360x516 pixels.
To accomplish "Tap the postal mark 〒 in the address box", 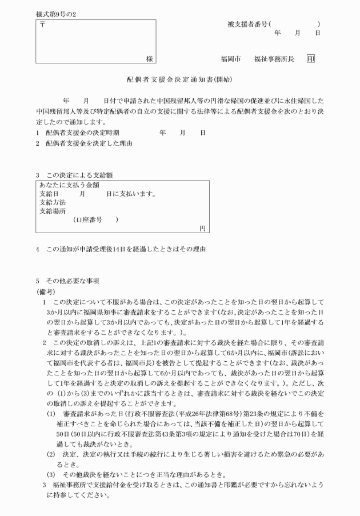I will coord(42,25).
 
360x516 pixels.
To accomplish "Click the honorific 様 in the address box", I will coord(149,59).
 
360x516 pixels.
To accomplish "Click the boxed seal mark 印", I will coord(311,59).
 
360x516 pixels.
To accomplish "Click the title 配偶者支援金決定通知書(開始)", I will coord(179,79).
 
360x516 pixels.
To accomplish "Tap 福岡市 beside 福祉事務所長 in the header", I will coord(231,59).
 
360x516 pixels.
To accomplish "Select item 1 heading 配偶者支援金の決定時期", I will coord(89,133).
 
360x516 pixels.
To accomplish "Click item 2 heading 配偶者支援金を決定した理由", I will coord(93,143).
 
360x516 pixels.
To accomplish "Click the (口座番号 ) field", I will coord(95,219).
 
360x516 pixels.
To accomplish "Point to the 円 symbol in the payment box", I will coord(202,228).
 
